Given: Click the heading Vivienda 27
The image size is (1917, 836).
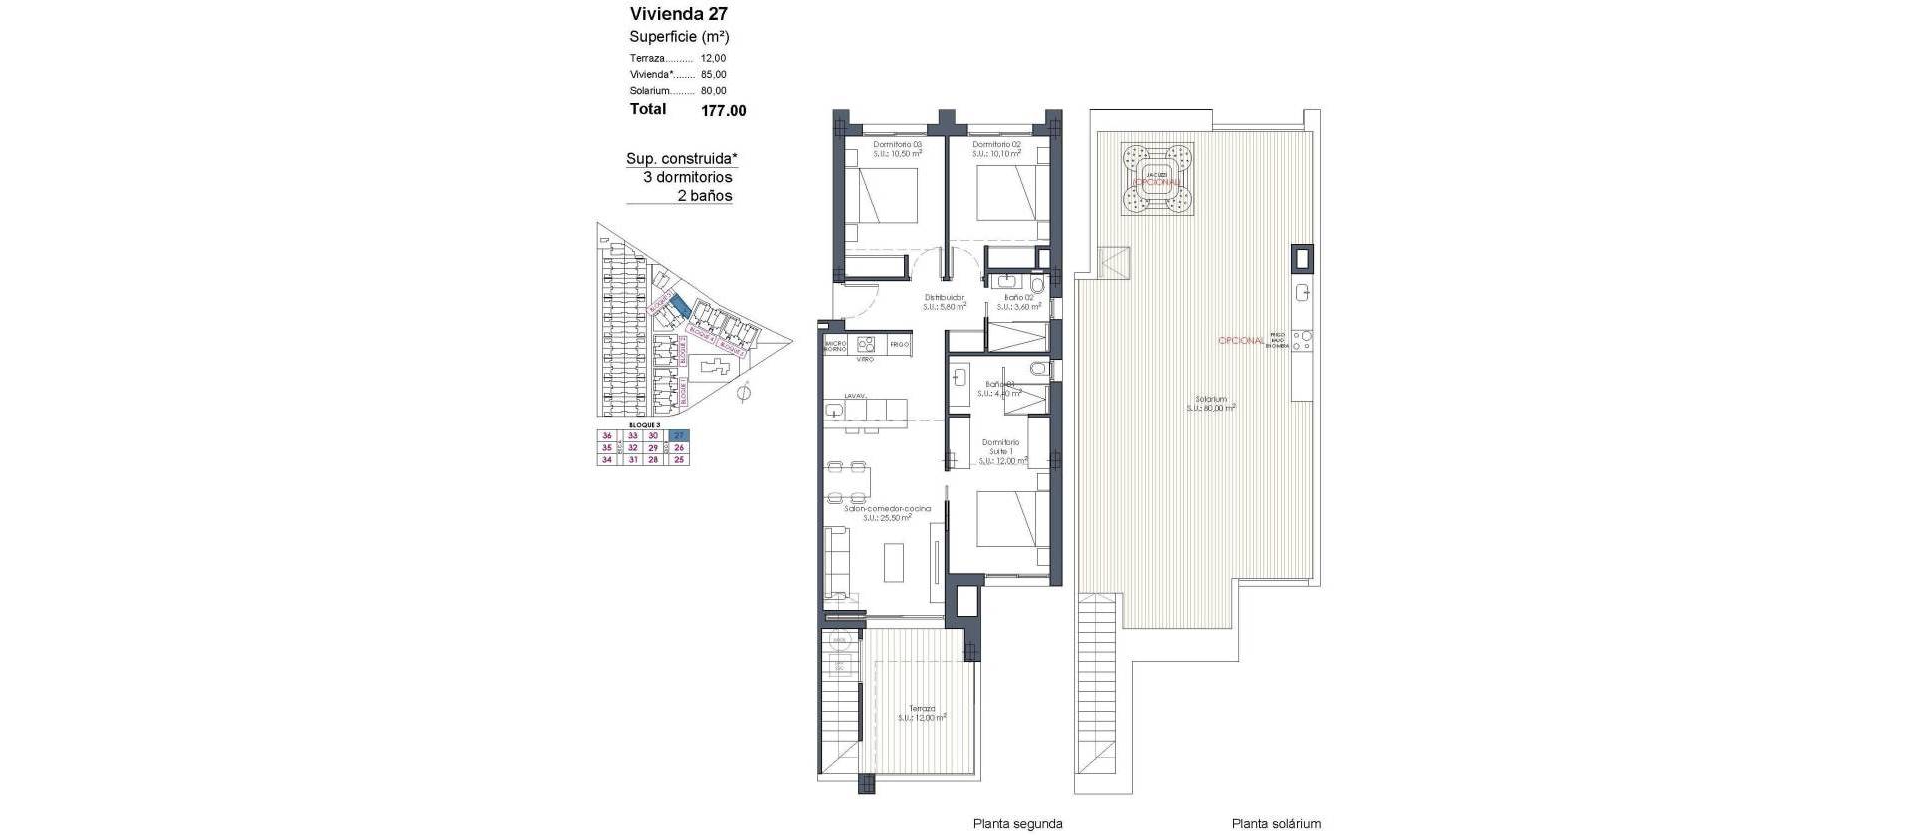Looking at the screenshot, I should [678, 14].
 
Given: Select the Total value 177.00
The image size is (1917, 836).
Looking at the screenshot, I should [723, 111].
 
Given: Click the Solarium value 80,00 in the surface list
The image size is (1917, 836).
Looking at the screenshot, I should [713, 91].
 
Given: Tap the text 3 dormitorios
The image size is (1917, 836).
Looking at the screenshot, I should [687, 177].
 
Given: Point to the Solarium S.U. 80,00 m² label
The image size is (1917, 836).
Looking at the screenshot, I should [1211, 403].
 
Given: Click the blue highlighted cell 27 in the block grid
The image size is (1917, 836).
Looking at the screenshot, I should [679, 436].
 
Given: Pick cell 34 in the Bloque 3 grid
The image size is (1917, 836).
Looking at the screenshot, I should [606, 460].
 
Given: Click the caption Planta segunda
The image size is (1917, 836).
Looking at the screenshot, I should [1017, 824].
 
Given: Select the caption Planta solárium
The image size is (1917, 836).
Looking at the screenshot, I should [1275, 824].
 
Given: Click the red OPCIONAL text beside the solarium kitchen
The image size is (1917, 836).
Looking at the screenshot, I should [1241, 341].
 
